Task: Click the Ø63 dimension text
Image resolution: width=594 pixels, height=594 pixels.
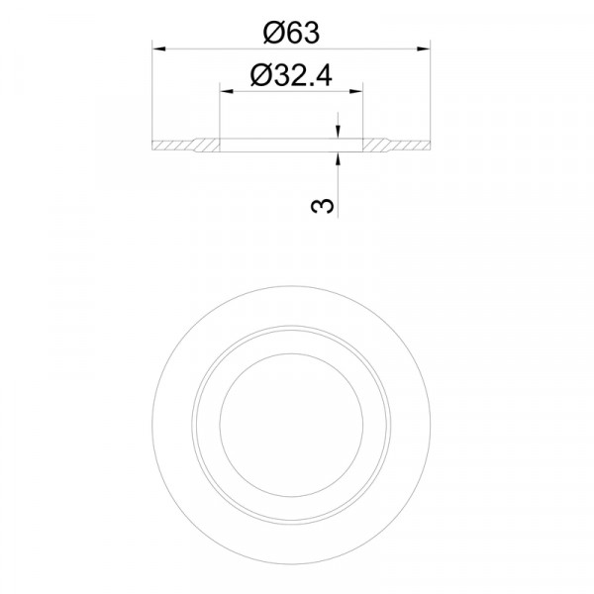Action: point(291,33)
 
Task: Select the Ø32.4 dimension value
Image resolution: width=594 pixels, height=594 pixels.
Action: point(291,75)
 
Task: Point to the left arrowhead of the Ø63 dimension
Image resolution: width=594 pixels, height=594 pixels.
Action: point(159,49)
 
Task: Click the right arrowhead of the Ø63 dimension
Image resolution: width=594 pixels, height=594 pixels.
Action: point(423,49)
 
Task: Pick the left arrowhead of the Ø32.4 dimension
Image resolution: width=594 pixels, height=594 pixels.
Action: point(227,91)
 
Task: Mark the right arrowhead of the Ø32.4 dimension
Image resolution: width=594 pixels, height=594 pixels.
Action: point(355,91)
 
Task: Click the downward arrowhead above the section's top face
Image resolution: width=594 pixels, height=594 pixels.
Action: point(338,132)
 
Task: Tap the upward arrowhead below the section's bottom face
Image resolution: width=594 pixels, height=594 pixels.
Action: point(338,158)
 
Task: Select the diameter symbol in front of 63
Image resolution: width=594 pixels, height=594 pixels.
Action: point(273,33)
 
